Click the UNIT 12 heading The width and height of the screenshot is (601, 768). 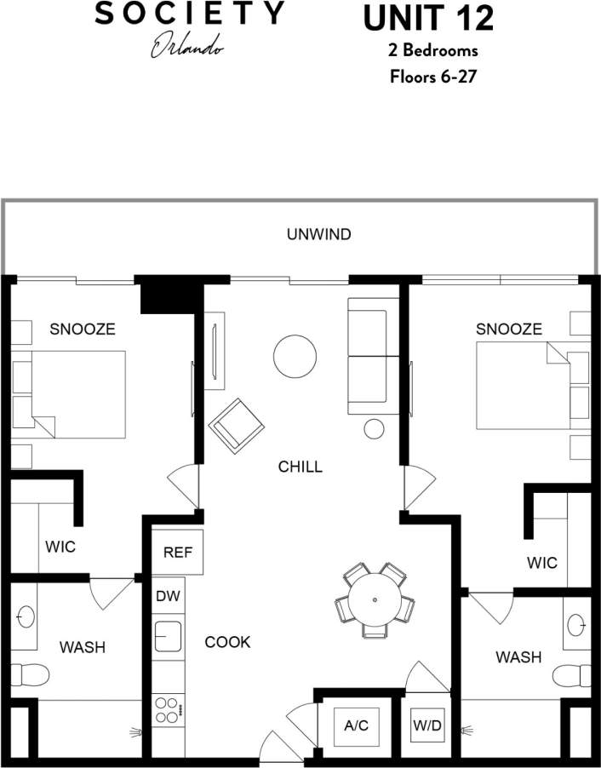(428, 18)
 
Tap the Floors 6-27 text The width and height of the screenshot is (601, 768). (432, 76)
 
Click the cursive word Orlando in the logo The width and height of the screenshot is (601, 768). (188, 48)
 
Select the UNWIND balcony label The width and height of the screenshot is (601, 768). (318, 234)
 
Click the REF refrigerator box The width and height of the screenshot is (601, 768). (178, 553)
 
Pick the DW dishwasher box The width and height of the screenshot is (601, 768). (167, 596)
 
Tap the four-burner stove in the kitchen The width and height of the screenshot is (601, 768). (168, 710)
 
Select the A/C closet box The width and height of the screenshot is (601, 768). (355, 726)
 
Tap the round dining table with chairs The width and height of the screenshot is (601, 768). (375, 600)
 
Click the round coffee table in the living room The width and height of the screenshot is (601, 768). (295, 355)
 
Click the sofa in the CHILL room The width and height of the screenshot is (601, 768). (372, 356)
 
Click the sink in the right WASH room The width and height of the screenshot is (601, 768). (577, 626)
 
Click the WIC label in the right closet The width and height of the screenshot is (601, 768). (541, 563)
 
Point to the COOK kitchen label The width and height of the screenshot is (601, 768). (227, 642)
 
